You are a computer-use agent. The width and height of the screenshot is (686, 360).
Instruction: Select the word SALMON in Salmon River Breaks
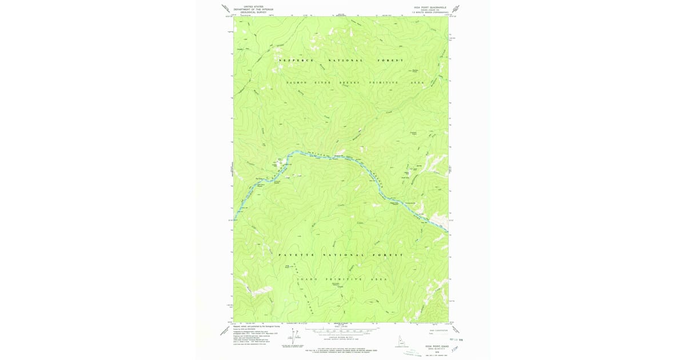coord(296,83)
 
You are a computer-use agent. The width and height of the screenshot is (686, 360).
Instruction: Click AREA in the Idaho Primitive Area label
coord(378,279)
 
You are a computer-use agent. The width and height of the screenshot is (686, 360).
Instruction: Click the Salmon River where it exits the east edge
coord(446,232)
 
